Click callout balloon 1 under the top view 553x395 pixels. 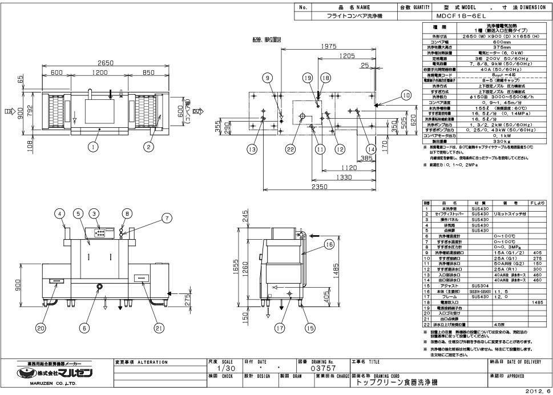pyautogui.click(x=91, y=146)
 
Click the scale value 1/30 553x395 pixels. pyautogui.click(x=228, y=369)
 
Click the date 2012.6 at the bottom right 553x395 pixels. pyautogui.click(x=539, y=391)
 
